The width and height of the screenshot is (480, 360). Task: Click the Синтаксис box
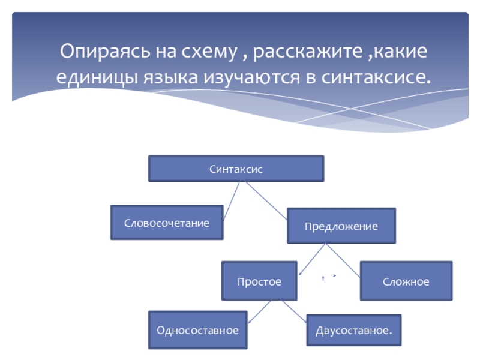click(236, 169)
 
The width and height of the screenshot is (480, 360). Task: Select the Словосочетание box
click(167, 223)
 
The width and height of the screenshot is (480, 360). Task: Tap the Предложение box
click(341, 226)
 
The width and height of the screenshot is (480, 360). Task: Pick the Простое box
click(259, 281)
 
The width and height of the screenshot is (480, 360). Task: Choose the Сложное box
click(406, 281)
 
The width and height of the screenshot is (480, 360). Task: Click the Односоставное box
click(197, 330)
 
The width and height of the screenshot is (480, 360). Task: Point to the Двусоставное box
click(354, 330)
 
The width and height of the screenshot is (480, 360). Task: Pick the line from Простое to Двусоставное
click(296, 310)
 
